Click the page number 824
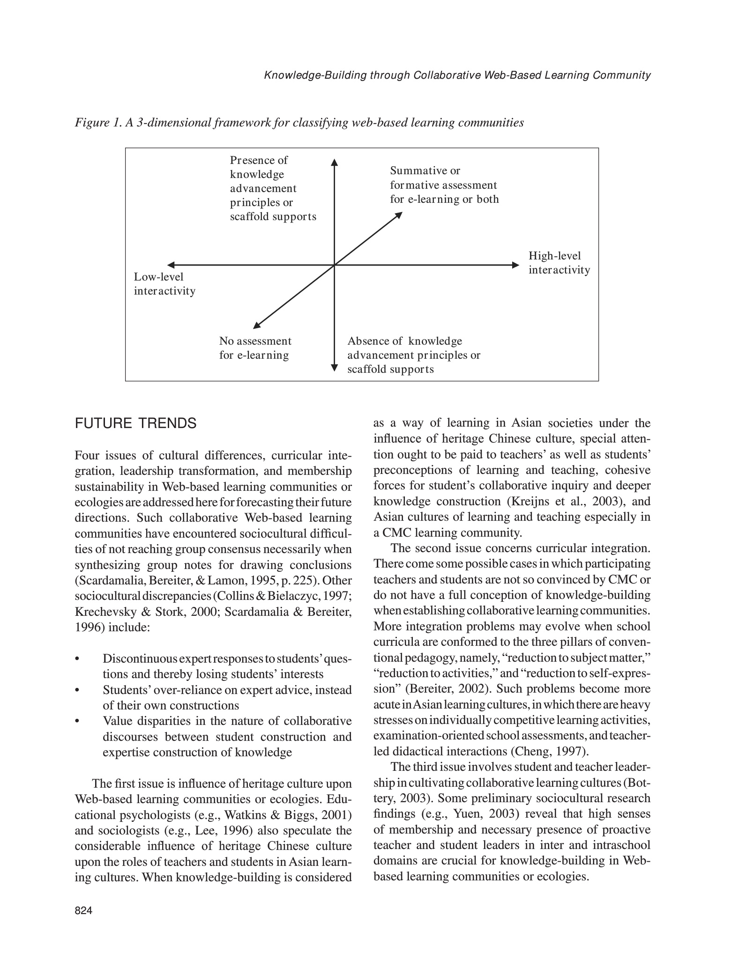point(83,910)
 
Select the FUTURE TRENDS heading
point(135,423)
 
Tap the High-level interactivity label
point(559,263)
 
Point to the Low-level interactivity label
point(164,284)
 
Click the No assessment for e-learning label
point(255,348)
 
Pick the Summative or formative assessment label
point(444,185)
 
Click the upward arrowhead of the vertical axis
point(334,162)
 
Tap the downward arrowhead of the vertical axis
point(334,368)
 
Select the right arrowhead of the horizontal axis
point(516,265)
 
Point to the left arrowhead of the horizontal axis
point(171,265)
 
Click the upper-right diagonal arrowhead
point(399,215)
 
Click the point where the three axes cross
point(334,265)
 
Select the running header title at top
point(457,75)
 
